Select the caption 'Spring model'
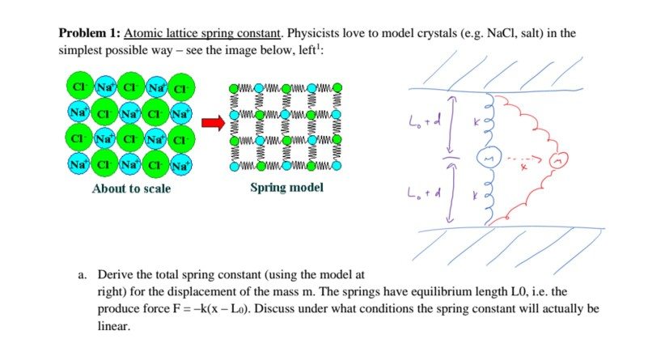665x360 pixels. click(x=286, y=188)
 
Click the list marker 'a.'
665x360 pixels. click(x=83, y=275)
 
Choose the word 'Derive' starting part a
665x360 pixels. click(x=114, y=275)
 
